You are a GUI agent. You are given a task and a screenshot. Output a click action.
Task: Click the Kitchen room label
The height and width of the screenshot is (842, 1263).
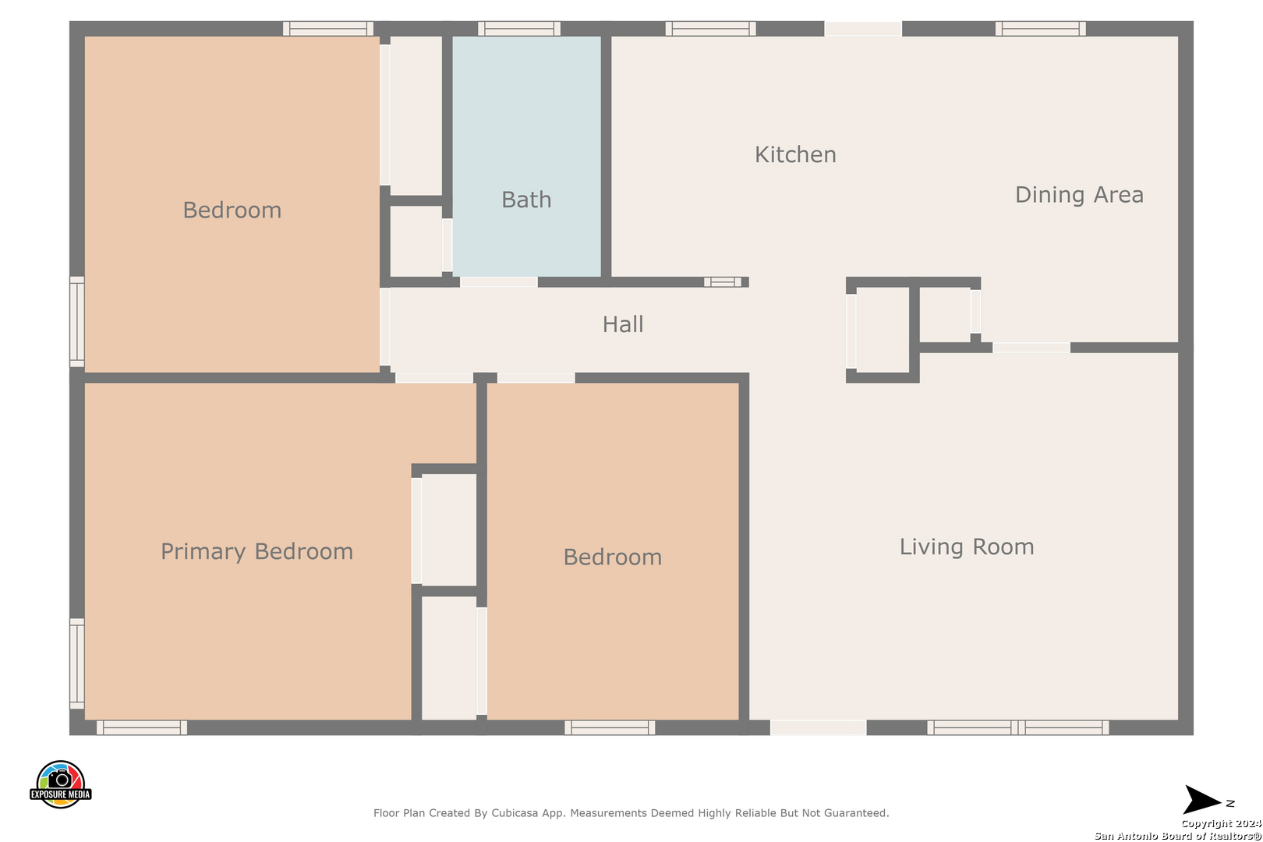click(795, 154)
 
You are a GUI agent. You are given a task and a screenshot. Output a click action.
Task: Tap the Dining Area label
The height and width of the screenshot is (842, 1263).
click(1079, 195)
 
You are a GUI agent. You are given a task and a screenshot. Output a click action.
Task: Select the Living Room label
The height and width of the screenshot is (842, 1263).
click(967, 547)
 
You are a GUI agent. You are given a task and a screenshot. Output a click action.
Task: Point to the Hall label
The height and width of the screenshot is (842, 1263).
click(622, 324)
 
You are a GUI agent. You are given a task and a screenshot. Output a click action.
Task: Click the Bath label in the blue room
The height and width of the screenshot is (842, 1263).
click(526, 200)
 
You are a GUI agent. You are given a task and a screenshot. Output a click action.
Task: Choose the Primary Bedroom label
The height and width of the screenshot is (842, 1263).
click(257, 551)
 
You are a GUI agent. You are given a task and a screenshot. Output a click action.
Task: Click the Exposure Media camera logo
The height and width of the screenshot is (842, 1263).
click(60, 784)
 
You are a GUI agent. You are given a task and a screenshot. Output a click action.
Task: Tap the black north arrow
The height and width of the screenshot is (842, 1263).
click(1201, 800)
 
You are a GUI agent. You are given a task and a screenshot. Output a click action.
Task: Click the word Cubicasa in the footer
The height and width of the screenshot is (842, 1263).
click(514, 812)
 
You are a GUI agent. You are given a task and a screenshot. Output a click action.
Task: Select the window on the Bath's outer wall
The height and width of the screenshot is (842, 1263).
click(519, 28)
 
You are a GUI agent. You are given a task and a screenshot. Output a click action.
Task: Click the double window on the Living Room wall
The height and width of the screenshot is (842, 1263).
click(1017, 727)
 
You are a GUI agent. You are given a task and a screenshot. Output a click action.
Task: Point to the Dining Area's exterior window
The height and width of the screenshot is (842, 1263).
click(1040, 28)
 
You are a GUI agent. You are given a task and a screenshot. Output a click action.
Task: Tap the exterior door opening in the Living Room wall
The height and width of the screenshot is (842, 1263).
click(818, 727)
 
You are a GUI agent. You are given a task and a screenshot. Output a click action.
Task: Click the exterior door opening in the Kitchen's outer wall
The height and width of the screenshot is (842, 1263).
click(863, 28)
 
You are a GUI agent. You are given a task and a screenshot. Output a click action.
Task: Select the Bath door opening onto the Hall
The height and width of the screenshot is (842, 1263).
click(499, 282)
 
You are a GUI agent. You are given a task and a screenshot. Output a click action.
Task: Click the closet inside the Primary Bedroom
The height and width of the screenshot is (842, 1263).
click(449, 529)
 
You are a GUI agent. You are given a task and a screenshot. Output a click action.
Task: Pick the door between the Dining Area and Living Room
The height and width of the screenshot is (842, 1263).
click(1031, 348)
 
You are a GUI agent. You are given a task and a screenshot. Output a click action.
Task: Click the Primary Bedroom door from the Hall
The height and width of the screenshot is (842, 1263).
click(434, 378)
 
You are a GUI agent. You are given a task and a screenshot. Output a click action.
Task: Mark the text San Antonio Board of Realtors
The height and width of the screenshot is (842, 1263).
click(1177, 836)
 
